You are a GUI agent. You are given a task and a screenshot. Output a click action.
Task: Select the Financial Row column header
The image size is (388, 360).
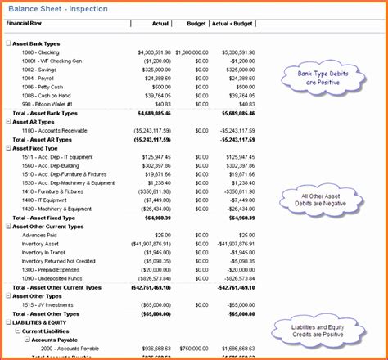pos(25,24)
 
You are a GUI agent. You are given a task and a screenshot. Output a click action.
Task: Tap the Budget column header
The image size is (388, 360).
pos(197,24)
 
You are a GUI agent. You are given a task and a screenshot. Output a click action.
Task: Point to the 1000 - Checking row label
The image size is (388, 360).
pos(42,52)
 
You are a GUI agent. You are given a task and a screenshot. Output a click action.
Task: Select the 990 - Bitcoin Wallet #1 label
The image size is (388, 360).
pos(49,104)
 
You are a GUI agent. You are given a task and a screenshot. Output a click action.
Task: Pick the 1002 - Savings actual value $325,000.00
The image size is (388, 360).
pos(151,70)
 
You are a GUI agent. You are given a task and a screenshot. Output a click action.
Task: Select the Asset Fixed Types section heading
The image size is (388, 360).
pos(40,147)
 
